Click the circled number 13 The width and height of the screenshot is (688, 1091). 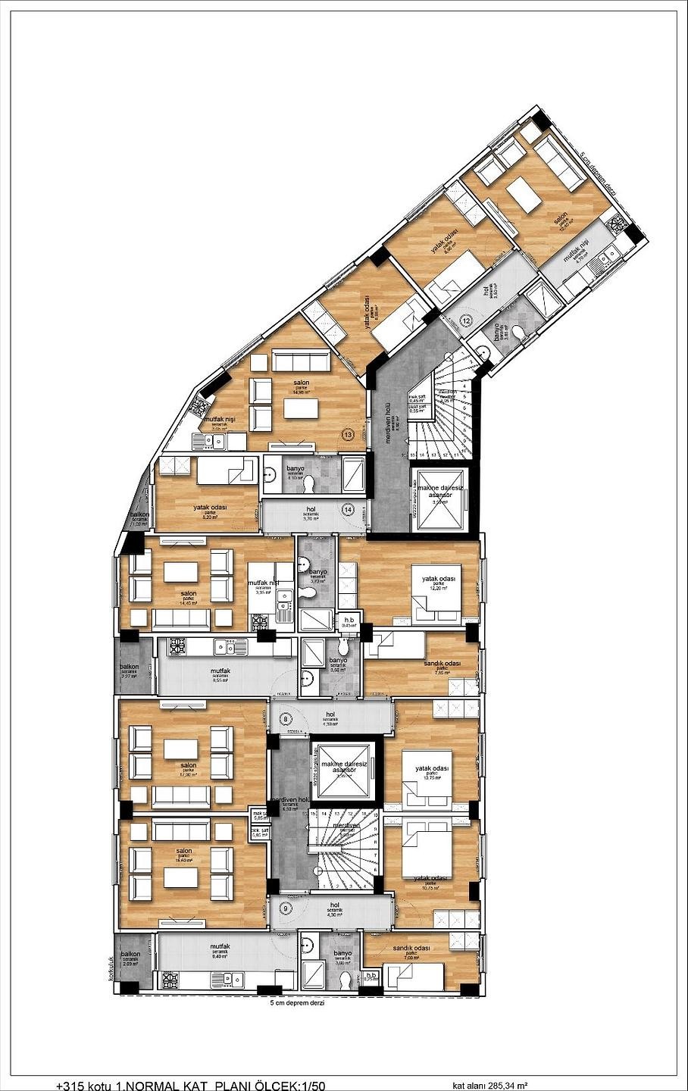point(348,435)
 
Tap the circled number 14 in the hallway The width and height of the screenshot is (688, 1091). point(348,509)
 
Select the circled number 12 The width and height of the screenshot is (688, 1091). point(466,320)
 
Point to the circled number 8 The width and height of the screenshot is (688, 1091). point(286,718)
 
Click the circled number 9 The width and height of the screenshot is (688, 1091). point(286,908)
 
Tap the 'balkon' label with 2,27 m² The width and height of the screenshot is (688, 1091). point(129,667)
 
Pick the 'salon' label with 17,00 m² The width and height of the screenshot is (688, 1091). point(188,765)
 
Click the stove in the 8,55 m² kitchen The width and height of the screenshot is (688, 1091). point(177,646)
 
